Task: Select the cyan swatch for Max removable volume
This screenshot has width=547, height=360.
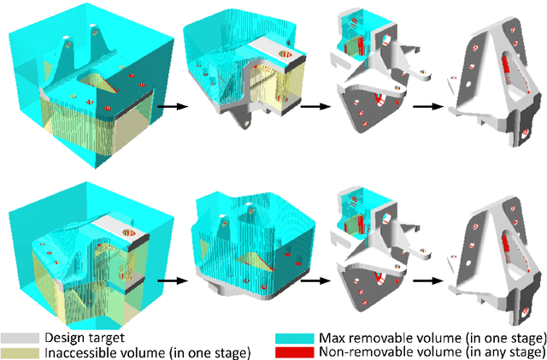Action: coord(288,338)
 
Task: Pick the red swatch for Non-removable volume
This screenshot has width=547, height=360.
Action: coord(288,351)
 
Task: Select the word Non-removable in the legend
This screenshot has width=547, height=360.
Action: coord(360,351)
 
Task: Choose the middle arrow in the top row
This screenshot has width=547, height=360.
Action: coord(314,107)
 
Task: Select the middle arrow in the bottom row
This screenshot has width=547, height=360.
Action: coord(314,278)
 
